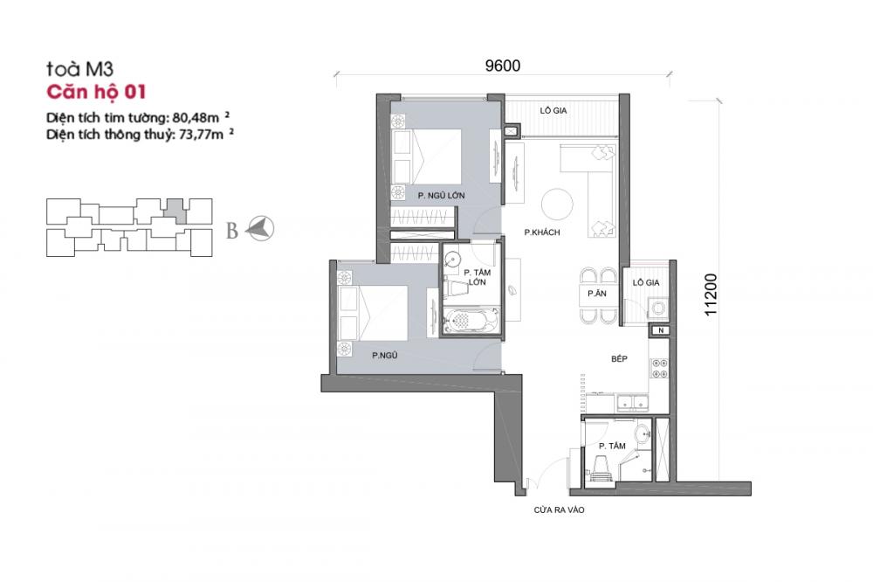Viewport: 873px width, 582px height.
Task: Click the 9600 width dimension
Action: point(503,66)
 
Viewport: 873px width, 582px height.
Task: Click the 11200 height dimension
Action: point(711,294)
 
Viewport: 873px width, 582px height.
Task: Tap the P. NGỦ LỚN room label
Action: point(442,196)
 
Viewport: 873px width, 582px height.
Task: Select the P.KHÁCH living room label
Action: point(542,232)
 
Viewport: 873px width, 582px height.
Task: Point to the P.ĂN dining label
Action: point(597,294)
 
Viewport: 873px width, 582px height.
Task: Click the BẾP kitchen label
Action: point(619,359)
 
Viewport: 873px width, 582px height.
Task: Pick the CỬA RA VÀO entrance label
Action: point(559,510)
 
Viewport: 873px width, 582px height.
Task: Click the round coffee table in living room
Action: point(557,204)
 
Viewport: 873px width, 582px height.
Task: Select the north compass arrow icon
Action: point(260,228)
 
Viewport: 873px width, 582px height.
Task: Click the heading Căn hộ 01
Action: point(96,92)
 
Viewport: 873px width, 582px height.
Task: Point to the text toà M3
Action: point(79,69)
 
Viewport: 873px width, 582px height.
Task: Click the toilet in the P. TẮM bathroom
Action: point(601,468)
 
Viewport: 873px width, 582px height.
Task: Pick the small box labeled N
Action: point(661,330)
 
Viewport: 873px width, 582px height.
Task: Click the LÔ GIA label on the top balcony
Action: point(553,111)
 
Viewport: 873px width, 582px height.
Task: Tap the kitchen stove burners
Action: point(659,367)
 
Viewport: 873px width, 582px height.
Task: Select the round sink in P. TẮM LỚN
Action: point(452,260)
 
